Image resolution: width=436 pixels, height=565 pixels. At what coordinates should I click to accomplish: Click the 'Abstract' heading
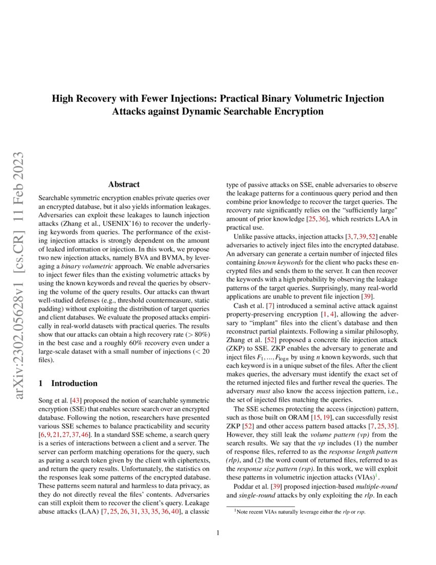pyautogui.click(x=124, y=184)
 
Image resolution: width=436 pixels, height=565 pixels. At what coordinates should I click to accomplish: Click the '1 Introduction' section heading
pyautogui.click(x=68, y=383)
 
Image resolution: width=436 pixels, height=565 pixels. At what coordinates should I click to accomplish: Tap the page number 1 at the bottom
pyautogui.click(x=218, y=533)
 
